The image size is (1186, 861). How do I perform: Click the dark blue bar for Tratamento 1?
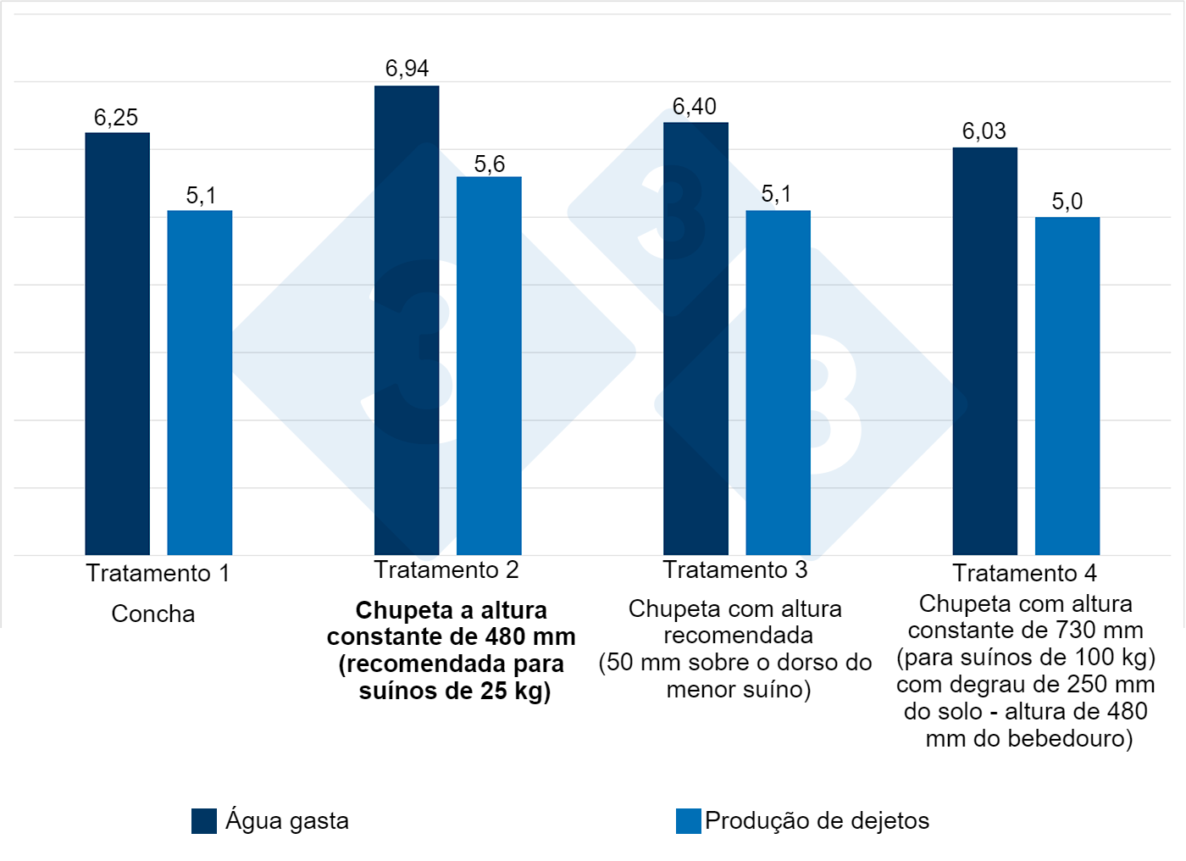[117, 343]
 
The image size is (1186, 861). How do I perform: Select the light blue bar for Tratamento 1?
[199, 382]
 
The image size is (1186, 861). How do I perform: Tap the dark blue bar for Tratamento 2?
[407, 320]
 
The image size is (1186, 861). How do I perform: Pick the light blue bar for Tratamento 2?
[489, 365]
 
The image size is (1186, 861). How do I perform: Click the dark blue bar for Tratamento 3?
[696, 338]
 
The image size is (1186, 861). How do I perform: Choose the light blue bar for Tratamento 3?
[778, 382]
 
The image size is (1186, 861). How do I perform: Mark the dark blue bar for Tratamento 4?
[984, 351]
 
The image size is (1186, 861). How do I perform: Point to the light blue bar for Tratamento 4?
[1067, 386]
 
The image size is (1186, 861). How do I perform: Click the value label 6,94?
[407, 69]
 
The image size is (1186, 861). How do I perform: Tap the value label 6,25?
[116, 118]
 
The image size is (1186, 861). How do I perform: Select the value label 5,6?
[489, 164]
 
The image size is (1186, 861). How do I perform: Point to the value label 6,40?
[695, 107]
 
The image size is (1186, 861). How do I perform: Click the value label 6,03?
[984, 131]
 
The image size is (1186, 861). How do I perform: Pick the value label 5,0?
[1067, 202]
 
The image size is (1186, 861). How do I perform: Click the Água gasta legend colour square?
[204, 821]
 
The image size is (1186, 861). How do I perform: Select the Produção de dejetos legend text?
[817, 821]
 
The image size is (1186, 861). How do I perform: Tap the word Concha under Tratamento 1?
[153, 614]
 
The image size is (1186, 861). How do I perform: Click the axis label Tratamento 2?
[446, 570]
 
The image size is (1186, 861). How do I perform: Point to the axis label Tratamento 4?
[1024, 574]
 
